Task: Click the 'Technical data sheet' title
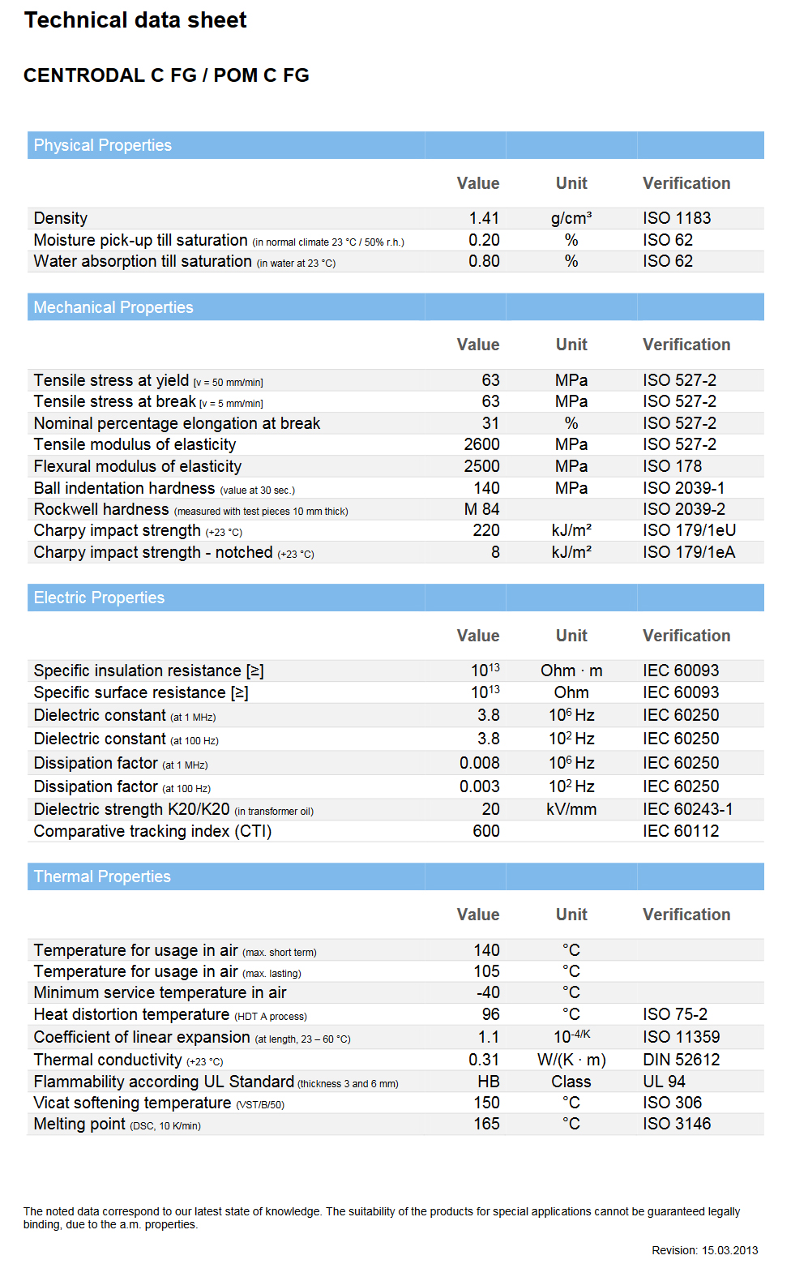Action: tap(135, 20)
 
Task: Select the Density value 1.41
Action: tap(484, 218)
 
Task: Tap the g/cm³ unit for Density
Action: tap(571, 218)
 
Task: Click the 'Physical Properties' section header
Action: tap(103, 145)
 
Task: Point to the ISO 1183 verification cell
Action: tap(677, 218)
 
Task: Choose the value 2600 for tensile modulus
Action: tap(481, 444)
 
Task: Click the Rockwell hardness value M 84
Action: tap(481, 509)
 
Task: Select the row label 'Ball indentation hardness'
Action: tap(124, 488)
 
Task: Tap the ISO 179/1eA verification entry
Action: tap(689, 552)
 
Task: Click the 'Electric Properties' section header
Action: tap(99, 598)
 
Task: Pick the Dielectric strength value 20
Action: tap(490, 809)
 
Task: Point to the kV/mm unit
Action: tap(571, 809)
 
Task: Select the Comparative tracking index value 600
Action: tap(486, 831)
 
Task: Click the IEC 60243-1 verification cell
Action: tap(688, 809)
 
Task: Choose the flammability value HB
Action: tap(489, 1082)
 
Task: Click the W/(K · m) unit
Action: tap(571, 1060)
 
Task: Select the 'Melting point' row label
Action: tap(79, 1124)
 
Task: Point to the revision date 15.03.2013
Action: tap(729, 1250)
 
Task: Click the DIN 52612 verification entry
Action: tap(682, 1060)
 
